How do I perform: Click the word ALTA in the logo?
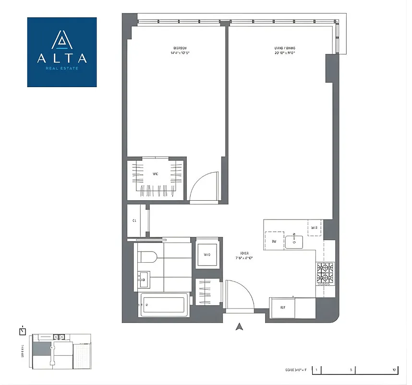click(62, 58)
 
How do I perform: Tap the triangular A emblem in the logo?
click(62, 39)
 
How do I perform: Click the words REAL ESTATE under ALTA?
click(62, 68)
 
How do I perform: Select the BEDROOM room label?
click(180, 48)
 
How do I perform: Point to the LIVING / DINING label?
click(285, 48)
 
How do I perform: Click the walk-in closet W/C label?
click(155, 174)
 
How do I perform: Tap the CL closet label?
click(134, 221)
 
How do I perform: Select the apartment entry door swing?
click(237, 293)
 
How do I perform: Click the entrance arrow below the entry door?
click(239, 327)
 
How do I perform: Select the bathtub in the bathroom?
click(162, 306)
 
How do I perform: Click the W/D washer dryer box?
click(207, 255)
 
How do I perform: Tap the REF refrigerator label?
click(283, 307)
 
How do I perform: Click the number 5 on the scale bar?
click(351, 370)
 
